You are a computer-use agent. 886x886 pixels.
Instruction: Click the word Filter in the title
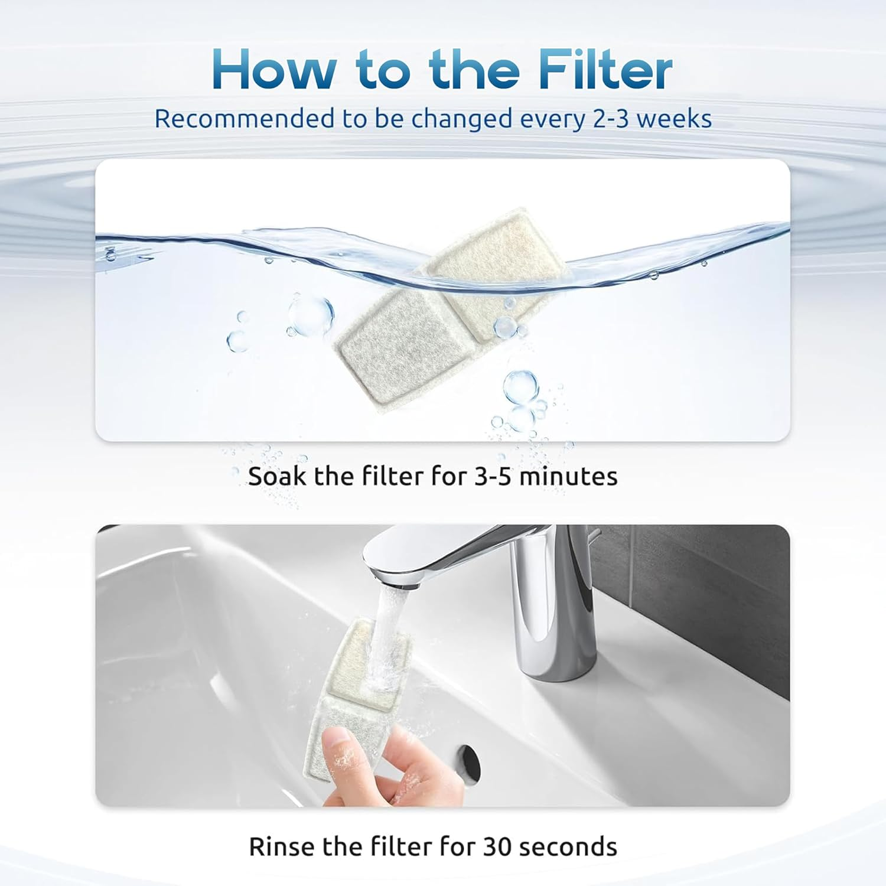tap(605, 70)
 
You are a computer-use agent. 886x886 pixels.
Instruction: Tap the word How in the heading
tap(273, 70)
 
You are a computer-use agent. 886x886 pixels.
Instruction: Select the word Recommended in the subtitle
tap(244, 119)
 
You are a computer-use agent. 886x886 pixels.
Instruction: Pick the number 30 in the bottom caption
tap(497, 846)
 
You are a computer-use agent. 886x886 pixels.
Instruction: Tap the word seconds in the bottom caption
tap(568, 846)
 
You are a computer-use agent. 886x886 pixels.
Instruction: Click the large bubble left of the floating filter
tap(311, 315)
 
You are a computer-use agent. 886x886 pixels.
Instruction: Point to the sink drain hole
tap(468, 764)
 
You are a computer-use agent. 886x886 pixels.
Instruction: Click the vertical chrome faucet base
tap(555, 638)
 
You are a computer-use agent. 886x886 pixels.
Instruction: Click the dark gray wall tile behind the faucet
tap(709, 591)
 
